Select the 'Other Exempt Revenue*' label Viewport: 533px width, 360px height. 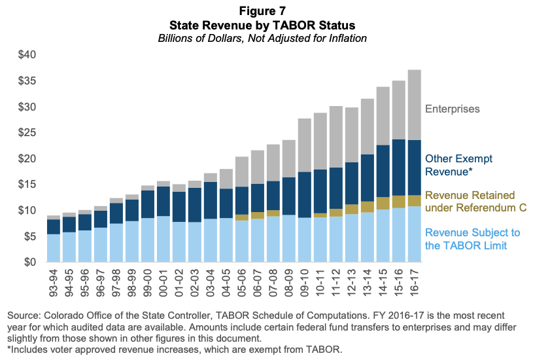click(459, 165)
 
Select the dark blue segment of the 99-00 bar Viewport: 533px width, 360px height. click(146, 204)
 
